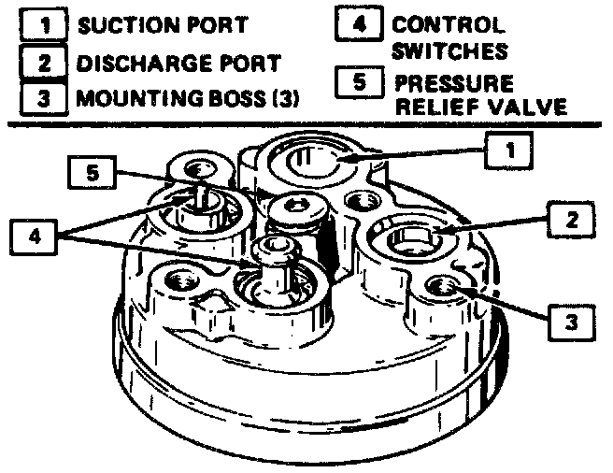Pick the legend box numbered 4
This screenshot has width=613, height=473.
[x=356, y=24]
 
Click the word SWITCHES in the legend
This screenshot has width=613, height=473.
[x=449, y=49]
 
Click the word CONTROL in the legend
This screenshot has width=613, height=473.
[x=447, y=25]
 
